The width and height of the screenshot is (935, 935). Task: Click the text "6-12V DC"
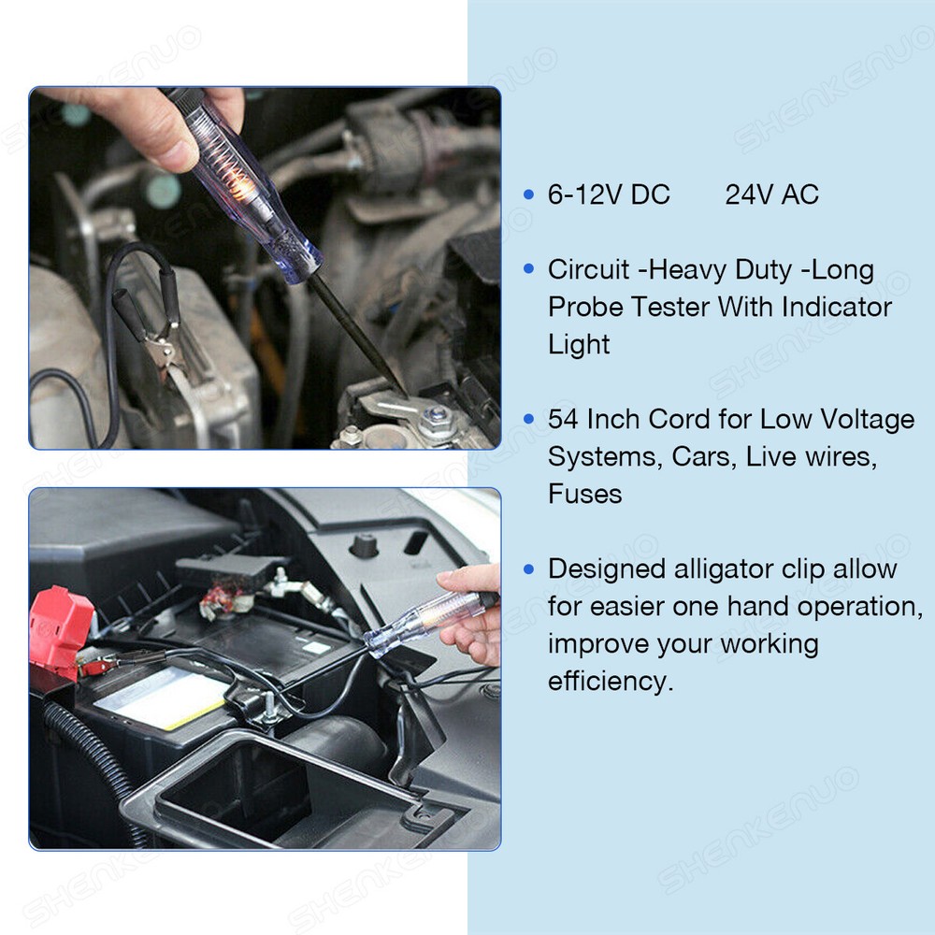609,194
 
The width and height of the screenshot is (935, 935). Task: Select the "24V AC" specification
771,194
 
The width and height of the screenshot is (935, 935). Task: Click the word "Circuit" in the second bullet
588,269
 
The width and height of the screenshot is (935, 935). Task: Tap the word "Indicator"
837,307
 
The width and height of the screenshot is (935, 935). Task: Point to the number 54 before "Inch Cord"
564,419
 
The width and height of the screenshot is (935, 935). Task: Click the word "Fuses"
584,494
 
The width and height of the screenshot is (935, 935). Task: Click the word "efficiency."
610,681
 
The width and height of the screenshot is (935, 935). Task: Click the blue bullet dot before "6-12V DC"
529,194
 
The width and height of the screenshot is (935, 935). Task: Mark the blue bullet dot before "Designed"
529,568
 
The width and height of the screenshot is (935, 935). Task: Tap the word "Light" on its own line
579,344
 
